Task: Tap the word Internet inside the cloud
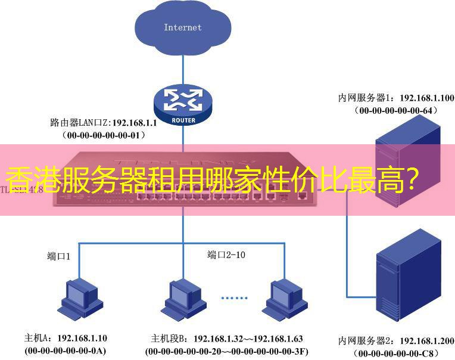[x=183, y=27]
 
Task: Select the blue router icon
[x=183, y=104]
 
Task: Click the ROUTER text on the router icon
[x=183, y=119]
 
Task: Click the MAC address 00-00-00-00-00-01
[x=104, y=135]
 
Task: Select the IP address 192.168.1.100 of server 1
[x=426, y=98]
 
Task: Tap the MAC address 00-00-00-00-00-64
[x=395, y=110]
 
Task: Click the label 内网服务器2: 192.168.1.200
[x=396, y=341]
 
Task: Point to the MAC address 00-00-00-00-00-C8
[x=396, y=353]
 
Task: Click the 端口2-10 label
[x=226, y=255]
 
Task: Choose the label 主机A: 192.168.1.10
[x=66, y=338]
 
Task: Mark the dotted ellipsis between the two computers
[x=233, y=297]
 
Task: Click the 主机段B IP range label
[x=226, y=339]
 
